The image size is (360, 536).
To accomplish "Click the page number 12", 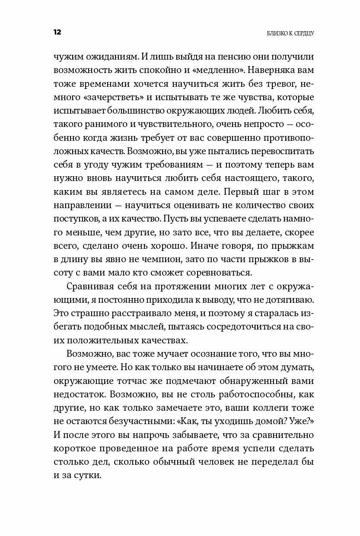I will click(57, 32).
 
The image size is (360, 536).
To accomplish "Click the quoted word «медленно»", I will click(225, 70).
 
